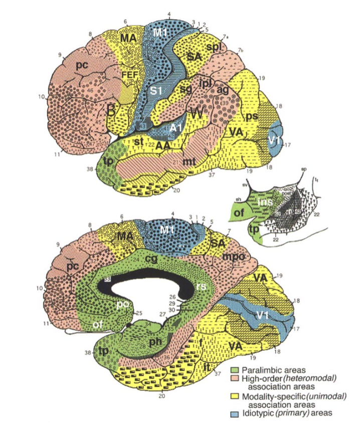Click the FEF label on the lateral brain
point(129,73)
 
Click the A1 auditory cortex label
point(175,128)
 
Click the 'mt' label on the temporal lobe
point(189,161)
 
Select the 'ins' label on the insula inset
point(265,202)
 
